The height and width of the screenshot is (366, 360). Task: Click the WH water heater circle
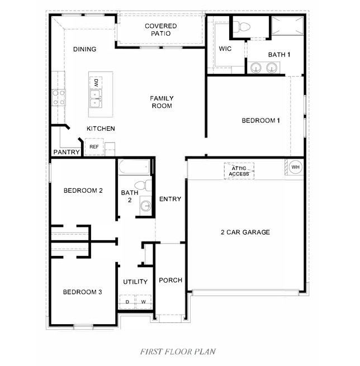coord(295,167)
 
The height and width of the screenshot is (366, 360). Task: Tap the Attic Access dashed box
coord(239,171)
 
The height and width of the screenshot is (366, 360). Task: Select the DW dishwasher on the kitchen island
coord(96,83)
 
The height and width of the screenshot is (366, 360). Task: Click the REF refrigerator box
coord(94,146)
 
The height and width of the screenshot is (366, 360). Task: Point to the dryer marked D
coord(127,302)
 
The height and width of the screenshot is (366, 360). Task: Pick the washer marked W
coord(144,302)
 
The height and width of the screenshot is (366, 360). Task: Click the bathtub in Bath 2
coord(134,167)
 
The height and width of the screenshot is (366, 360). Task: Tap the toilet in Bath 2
coord(143,186)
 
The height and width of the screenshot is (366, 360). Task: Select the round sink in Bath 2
coord(146,206)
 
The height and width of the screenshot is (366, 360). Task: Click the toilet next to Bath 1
coord(242,27)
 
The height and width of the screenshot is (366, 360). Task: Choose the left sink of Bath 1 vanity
coord(256,68)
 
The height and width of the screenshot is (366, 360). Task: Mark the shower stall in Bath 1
coord(287,26)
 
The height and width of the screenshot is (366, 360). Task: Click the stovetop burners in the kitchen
coord(59,98)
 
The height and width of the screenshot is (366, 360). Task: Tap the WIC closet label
coord(225,49)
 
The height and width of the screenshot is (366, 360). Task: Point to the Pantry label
coord(67,152)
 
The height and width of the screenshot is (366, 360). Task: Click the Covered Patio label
coord(161,30)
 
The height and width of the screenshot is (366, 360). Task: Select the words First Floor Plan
coord(178,352)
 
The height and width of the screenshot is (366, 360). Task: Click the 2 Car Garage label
coord(245,232)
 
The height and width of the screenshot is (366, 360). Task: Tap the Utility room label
coord(135,282)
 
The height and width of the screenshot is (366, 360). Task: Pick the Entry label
coord(170,199)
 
